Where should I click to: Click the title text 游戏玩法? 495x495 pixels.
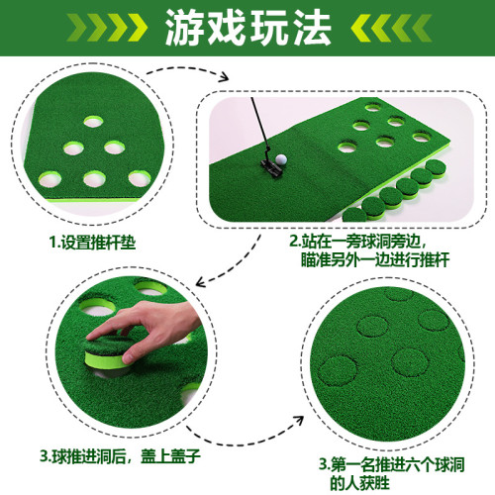(x=248, y=27)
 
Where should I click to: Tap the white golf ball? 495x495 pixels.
(x=281, y=159)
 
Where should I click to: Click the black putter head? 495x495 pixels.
(x=272, y=167)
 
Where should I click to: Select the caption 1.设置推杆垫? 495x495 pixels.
(x=92, y=243)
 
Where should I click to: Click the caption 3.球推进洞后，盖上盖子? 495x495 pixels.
(x=120, y=456)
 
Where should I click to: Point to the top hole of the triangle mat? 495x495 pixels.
(x=93, y=122)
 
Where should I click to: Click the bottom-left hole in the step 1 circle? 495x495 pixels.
(x=49, y=179)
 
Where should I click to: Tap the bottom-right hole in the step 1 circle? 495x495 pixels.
(x=140, y=178)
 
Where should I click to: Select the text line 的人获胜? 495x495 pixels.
(x=359, y=483)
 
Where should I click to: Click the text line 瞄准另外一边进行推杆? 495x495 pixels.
(x=375, y=259)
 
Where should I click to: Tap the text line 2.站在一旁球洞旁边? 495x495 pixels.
(x=358, y=241)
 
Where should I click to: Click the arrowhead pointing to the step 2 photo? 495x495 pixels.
(x=224, y=77)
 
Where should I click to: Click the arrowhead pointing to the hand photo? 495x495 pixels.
(x=201, y=283)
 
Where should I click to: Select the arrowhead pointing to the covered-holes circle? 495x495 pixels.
(x=299, y=421)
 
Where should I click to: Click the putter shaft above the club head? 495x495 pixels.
(x=259, y=125)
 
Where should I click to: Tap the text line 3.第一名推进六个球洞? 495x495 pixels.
(x=392, y=464)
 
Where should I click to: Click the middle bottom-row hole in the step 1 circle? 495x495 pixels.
(x=94, y=179)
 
